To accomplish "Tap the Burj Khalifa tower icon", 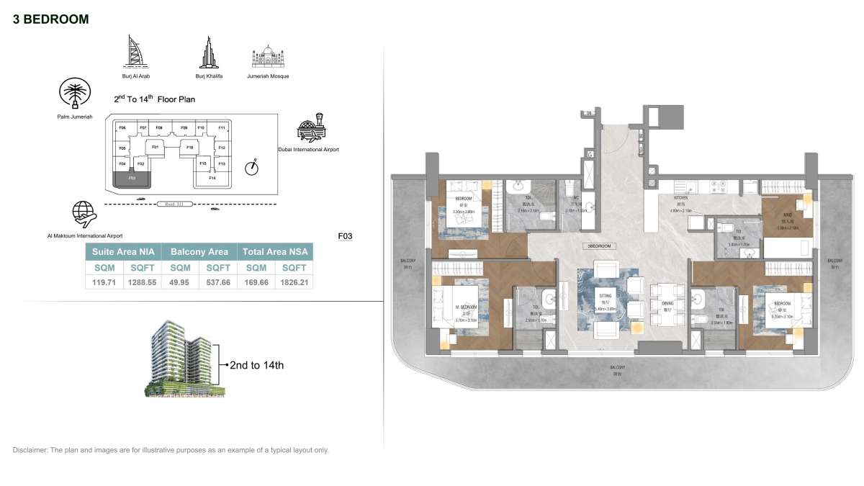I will [206, 52].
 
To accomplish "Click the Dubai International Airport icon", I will [312, 127].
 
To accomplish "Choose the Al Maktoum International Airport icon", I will [85, 214].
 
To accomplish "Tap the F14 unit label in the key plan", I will [212, 178].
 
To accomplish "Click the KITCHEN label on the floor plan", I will [681, 197].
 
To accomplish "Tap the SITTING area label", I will [603, 294].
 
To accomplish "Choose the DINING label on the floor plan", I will [668, 304].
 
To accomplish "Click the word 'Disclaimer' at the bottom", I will [30, 450].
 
